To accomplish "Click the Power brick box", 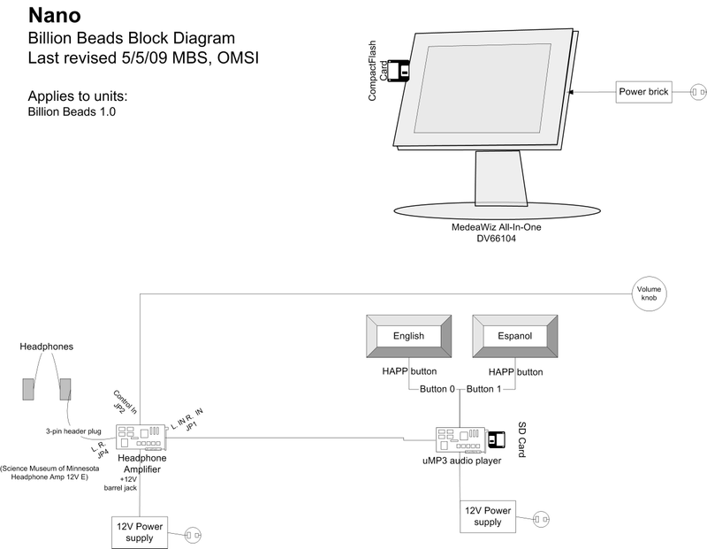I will tap(644, 91).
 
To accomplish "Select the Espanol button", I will tap(515, 336).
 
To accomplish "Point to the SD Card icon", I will tap(496, 437).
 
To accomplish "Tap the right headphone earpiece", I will tap(65, 389).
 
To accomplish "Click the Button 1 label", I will tap(484, 389).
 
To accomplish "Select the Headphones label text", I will tap(47, 346).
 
